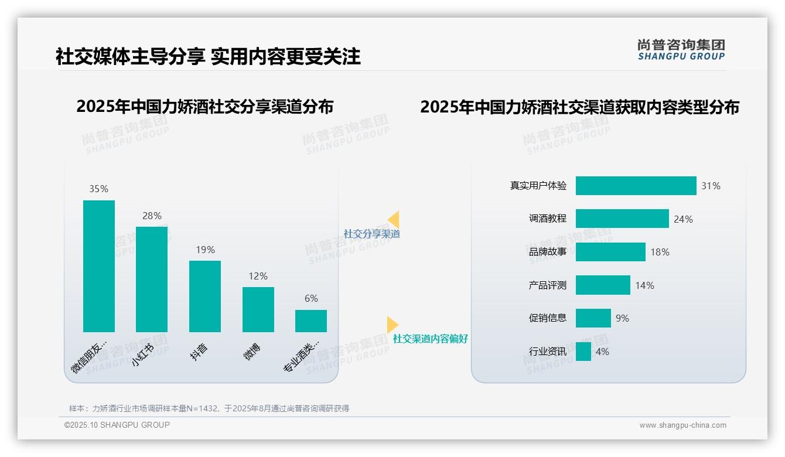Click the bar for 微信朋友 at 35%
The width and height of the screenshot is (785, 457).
click(99, 266)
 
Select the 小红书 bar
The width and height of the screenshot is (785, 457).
click(152, 279)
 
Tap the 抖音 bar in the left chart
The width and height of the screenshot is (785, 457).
click(205, 296)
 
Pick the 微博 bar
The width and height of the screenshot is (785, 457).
click(258, 309)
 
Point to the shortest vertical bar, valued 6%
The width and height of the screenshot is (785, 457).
click(311, 321)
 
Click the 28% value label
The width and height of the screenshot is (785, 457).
click(152, 216)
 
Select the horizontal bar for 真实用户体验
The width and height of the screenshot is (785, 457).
click(636, 186)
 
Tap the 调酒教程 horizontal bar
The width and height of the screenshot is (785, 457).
click(622, 219)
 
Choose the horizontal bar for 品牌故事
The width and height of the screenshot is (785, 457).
click(610, 252)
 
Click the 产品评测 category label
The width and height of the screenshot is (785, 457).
click(548, 285)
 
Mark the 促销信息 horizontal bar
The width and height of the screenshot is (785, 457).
click(593, 318)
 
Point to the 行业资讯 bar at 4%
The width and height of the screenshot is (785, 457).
click(583, 352)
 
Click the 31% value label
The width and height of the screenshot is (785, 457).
click(711, 186)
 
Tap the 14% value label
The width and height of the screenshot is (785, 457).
click(644, 285)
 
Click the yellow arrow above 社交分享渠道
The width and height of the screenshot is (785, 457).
click(394, 220)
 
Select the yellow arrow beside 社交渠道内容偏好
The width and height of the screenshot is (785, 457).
click(392, 325)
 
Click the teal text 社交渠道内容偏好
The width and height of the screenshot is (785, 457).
click(431, 339)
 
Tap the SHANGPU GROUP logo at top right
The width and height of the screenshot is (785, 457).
click(681, 50)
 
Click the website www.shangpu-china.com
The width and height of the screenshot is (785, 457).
click(682, 425)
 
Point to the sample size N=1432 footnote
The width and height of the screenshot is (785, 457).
click(209, 408)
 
